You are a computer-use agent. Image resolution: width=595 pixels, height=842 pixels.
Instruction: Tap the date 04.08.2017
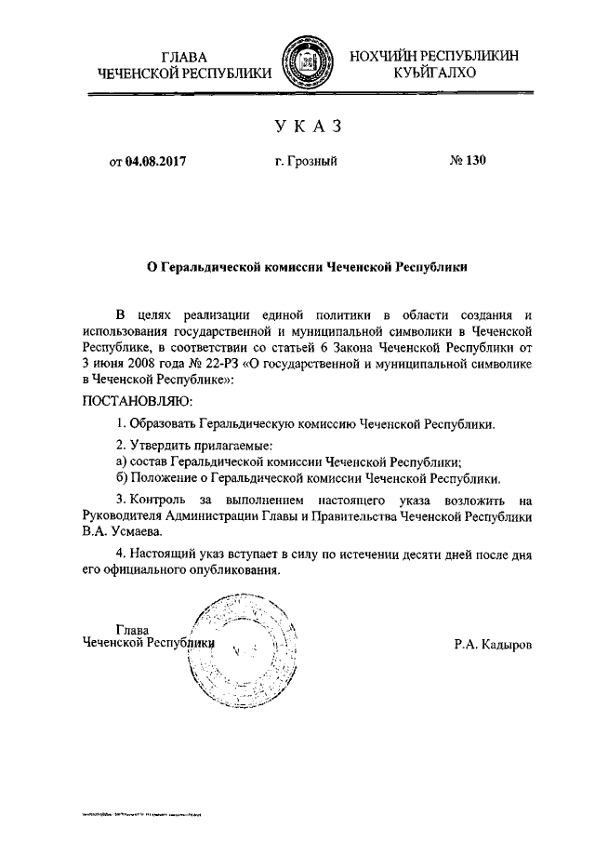click(157, 161)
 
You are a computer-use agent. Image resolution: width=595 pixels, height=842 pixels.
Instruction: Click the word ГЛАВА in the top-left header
click(186, 56)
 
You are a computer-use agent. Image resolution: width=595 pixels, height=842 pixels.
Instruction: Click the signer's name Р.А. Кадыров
click(493, 643)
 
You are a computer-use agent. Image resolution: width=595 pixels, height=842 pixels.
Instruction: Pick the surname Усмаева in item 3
click(134, 532)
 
